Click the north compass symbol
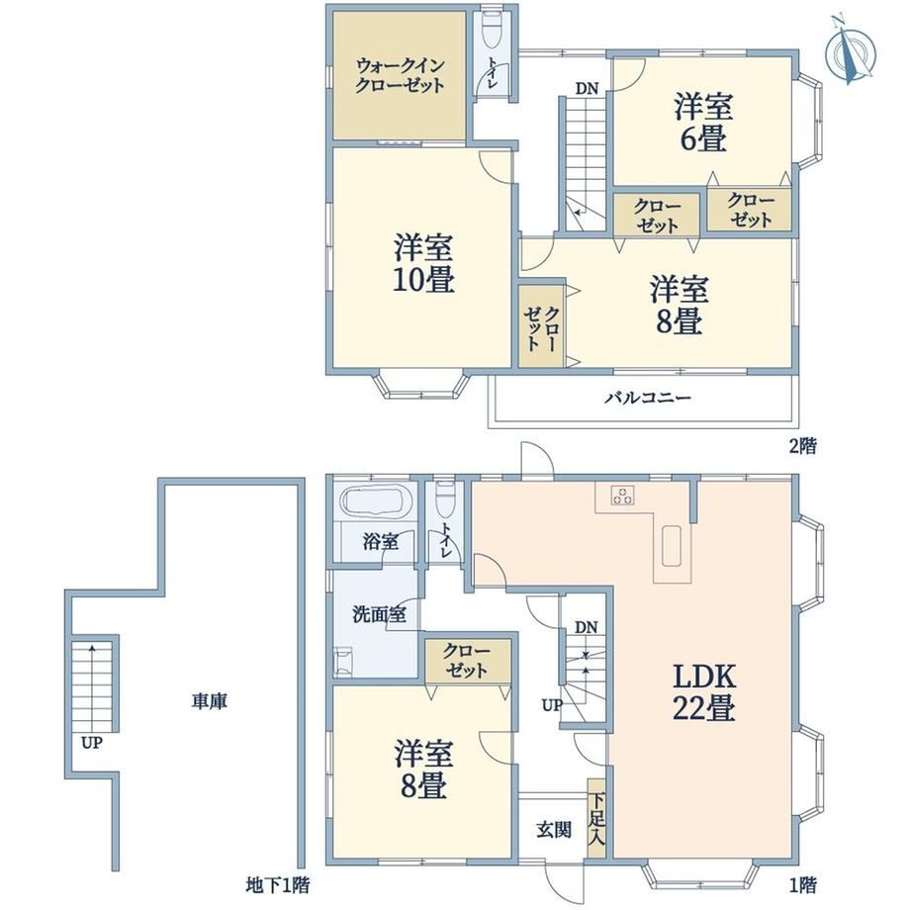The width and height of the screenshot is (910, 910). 851,52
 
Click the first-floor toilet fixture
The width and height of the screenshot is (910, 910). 444,500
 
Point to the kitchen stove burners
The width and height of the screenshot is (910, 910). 623,495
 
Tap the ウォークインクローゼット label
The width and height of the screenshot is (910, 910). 400,75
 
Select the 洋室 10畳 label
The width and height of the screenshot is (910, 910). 423,263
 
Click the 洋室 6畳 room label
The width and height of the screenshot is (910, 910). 703,123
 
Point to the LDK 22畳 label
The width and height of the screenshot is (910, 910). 704,691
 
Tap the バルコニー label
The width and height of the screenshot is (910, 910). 648,398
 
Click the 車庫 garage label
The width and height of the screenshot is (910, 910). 210,701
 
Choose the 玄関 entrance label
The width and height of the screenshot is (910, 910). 554,830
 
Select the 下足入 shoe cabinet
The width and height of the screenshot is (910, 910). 596,818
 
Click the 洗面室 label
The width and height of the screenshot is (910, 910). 379,614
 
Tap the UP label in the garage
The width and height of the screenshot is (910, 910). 92,742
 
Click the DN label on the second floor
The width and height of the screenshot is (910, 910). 587,89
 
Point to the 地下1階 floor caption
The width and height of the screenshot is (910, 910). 277,885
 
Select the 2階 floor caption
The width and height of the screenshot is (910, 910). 802,446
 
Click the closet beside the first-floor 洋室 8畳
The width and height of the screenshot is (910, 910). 468,661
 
